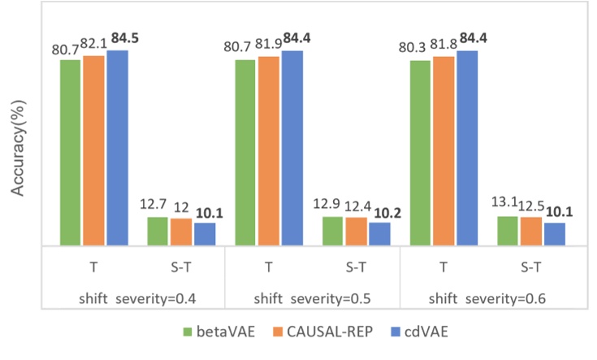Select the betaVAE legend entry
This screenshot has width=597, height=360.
216,332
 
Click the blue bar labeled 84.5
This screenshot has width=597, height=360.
118,147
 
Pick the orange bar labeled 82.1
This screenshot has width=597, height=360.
94,150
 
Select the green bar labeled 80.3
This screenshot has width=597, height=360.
421,152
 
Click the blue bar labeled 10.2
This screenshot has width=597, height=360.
379,233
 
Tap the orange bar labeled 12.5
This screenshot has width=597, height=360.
531,231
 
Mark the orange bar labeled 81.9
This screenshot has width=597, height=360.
269,150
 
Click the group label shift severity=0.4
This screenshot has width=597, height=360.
132,298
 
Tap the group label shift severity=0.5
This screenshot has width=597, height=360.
310,298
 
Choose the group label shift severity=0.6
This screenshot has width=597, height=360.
487,298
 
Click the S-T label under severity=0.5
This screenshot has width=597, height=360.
356,266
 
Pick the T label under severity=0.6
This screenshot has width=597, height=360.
443,266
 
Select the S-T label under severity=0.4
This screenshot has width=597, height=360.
180,266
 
